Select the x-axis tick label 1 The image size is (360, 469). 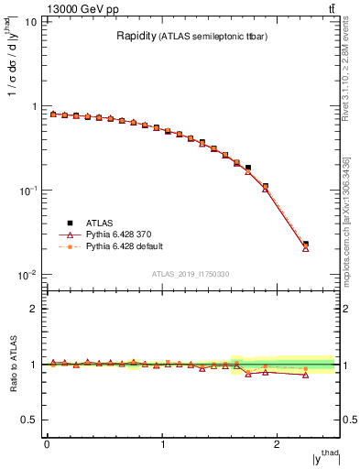coord(163,445)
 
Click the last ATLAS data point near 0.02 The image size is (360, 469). coord(305,245)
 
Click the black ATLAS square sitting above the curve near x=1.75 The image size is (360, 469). coord(248,168)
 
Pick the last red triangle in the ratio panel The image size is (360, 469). coord(305,375)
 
